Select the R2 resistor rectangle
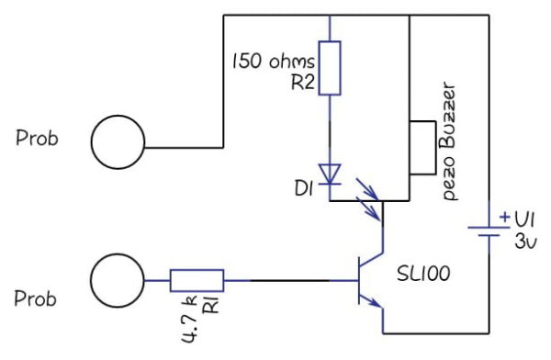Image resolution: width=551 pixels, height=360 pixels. (x=330, y=68)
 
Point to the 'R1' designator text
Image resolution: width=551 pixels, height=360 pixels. (x=208, y=306)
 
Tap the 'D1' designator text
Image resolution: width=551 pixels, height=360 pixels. (x=305, y=190)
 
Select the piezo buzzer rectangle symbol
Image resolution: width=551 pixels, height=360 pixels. (x=422, y=147)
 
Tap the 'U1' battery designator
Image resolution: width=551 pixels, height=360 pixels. (x=523, y=222)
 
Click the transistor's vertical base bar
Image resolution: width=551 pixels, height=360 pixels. (x=359, y=280)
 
